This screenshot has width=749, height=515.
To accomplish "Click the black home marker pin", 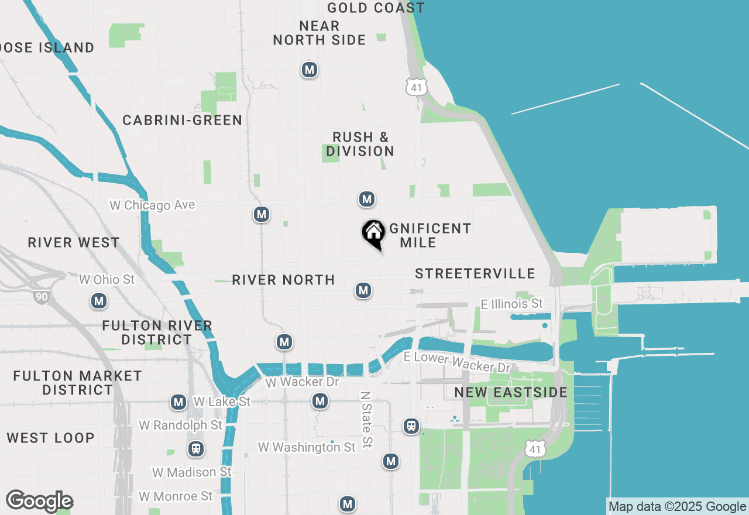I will (x=373, y=233).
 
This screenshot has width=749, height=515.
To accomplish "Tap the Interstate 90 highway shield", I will (x=41, y=297).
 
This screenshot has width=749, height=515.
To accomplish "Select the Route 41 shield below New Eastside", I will (x=536, y=449).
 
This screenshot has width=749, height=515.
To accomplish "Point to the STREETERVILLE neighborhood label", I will (x=475, y=273).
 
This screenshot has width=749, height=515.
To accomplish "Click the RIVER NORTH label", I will (x=283, y=280).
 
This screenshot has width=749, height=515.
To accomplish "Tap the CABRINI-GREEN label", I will (x=182, y=120).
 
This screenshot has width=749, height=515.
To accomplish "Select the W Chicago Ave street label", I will (x=152, y=205).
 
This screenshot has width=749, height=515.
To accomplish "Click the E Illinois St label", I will (x=511, y=304).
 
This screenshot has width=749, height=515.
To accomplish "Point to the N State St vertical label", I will (x=366, y=420).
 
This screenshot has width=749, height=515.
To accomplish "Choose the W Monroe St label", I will (x=176, y=496).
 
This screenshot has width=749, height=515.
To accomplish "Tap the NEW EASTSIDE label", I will (x=510, y=392).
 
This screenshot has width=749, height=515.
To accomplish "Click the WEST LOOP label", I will (x=50, y=438).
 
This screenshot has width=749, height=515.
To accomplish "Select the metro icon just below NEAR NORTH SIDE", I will (x=310, y=70).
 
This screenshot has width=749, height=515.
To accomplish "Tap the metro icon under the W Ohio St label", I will (x=99, y=301).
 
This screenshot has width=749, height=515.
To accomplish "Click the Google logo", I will (x=39, y=501).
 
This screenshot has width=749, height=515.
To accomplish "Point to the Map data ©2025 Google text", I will (x=677, y=507).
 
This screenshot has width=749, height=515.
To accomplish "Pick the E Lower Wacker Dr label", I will (x=456, y=362).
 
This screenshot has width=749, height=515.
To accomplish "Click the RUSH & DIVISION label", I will (x=360, y=144).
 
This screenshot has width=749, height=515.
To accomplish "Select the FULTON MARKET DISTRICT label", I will (x=77, y=383).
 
